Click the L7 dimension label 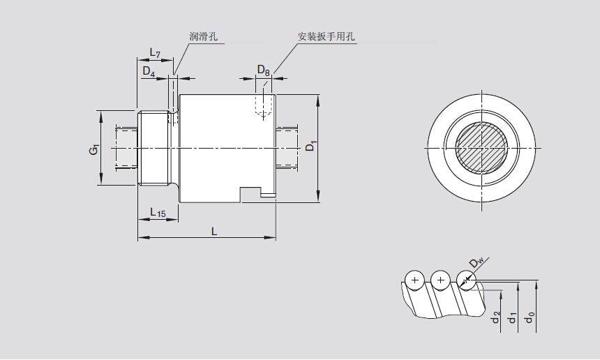click(x=156, y=54)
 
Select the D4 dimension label click(x=149, y=70)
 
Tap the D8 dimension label click(x=263, y=70)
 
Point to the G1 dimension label click(x=96, y=149)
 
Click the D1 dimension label click(x=312, y=146)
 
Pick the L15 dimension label click(x=158, y=213)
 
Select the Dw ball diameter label click(x=477, y=262)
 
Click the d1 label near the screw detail click(x=513, y=317)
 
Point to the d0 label click(x=531, y=317)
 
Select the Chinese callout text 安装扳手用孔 click(x=327, y=36)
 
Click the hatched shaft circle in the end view click(x=481, y=149)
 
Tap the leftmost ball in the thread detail click(x=415, y=280)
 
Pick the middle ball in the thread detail click(x=440, y=280)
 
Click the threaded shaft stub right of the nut click(x=287, y=147)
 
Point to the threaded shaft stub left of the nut click(x=126, y=147)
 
